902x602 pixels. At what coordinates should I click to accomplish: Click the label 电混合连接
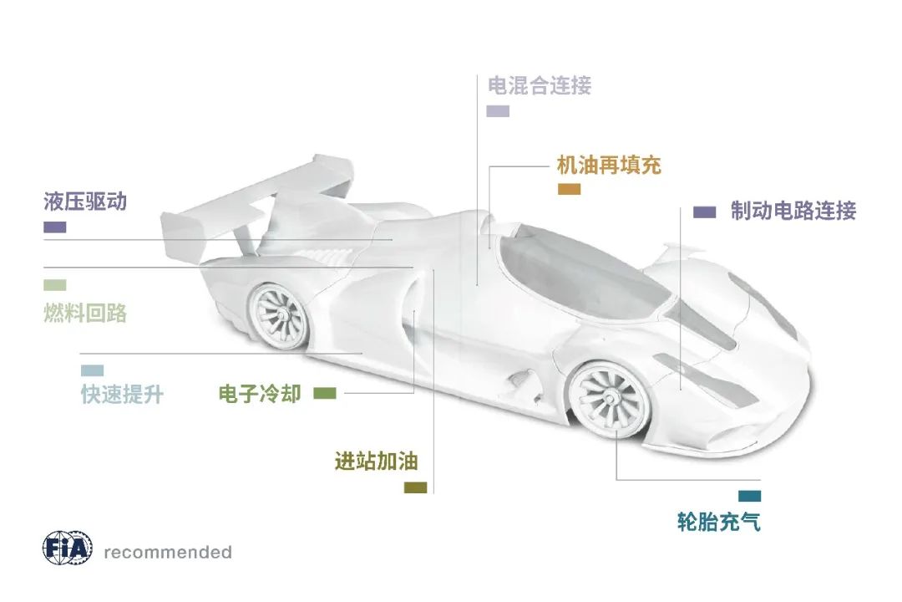tap(540, 85)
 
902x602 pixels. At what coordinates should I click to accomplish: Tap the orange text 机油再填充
tap(609, 165)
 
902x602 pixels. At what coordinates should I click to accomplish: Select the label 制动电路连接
tap(793, 210)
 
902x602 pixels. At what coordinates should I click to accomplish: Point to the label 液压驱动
tap(85, 202)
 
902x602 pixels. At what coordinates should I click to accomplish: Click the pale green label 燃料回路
tap(85, 313)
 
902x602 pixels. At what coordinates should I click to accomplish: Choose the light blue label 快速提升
tap(122, 394)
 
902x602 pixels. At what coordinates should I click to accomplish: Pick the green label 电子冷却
tap(259, 393)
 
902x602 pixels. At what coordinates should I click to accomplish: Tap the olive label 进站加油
tap(376, 461)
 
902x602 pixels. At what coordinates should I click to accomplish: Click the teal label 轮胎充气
tap(719, 523)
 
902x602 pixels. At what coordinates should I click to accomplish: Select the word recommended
tap(168, 552)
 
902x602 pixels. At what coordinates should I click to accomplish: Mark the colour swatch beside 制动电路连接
tap(704, 212)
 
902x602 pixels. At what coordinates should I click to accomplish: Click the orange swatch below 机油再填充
tap(569, 190)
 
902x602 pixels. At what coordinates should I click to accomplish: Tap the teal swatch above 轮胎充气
tap(749, 496)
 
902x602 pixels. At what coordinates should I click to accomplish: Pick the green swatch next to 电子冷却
tap(325, 393)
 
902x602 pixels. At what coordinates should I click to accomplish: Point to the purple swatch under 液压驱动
tap(54, 227)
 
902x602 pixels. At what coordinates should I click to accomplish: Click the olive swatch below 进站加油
tap(415, 487)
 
